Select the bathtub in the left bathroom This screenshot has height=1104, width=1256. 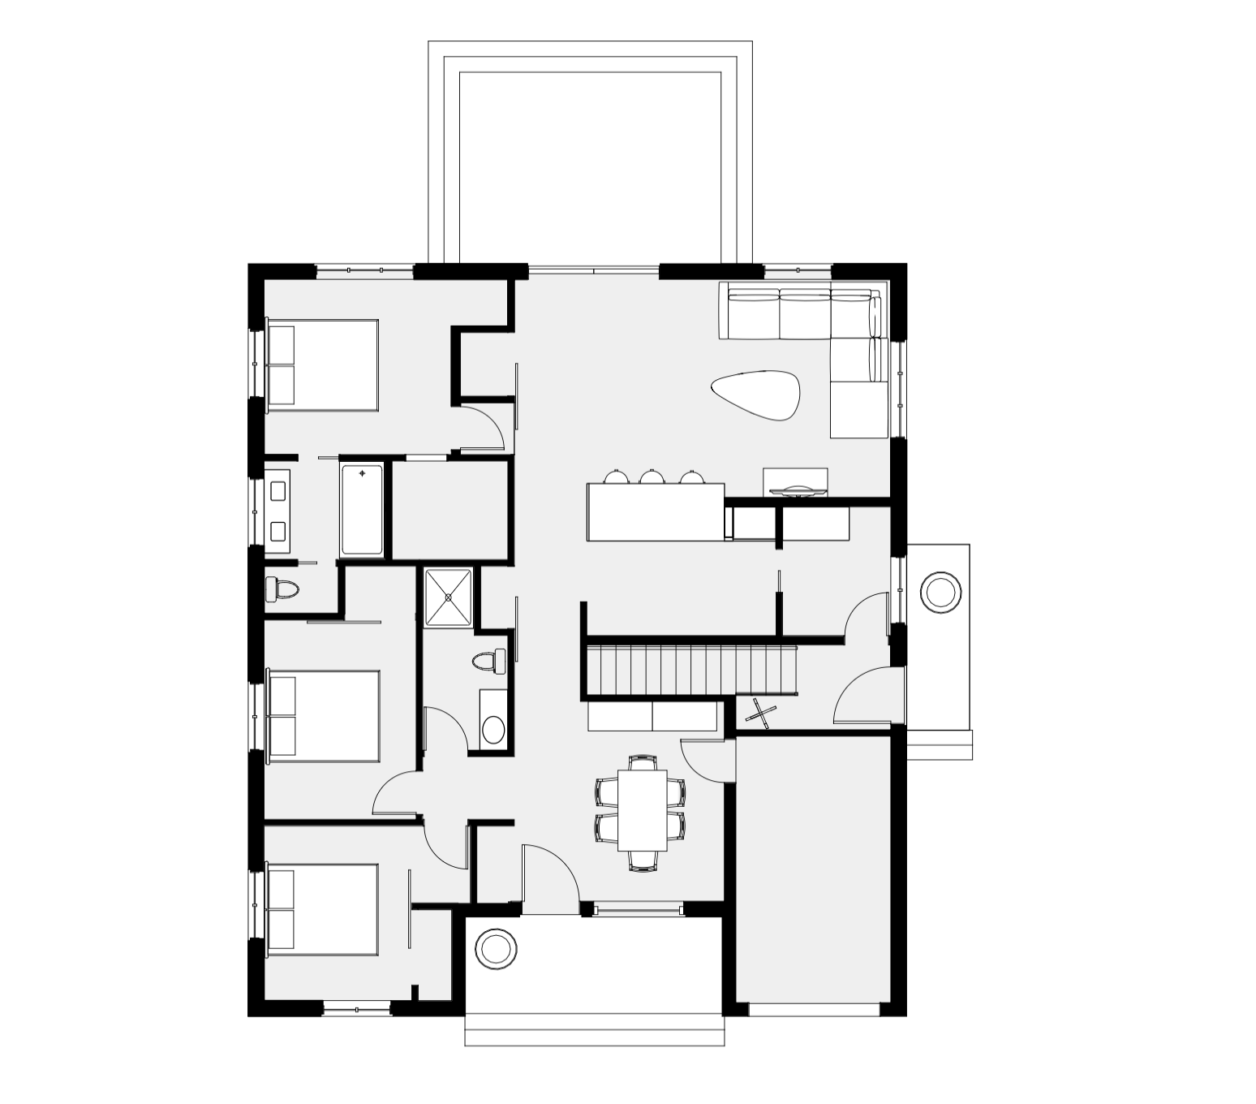tap(362, 509)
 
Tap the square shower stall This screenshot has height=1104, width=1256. tap(447, 597)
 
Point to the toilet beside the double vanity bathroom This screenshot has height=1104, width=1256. tap(282, 589)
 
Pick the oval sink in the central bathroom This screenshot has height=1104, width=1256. tap(493, 728)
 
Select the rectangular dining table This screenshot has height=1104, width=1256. tap(643, 809)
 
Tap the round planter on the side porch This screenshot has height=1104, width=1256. tap(940, 592)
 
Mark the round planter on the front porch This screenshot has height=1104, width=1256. tap(495, 948)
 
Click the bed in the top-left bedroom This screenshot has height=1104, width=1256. tap(323, 364)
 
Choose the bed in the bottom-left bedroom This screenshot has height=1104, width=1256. tap(323, 908)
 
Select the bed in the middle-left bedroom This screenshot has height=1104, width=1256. tap(323, 716)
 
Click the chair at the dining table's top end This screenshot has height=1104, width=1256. tap(643, 762)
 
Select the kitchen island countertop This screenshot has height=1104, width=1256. tap(655, 512)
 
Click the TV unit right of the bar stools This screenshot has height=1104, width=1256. tap(795, 481)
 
